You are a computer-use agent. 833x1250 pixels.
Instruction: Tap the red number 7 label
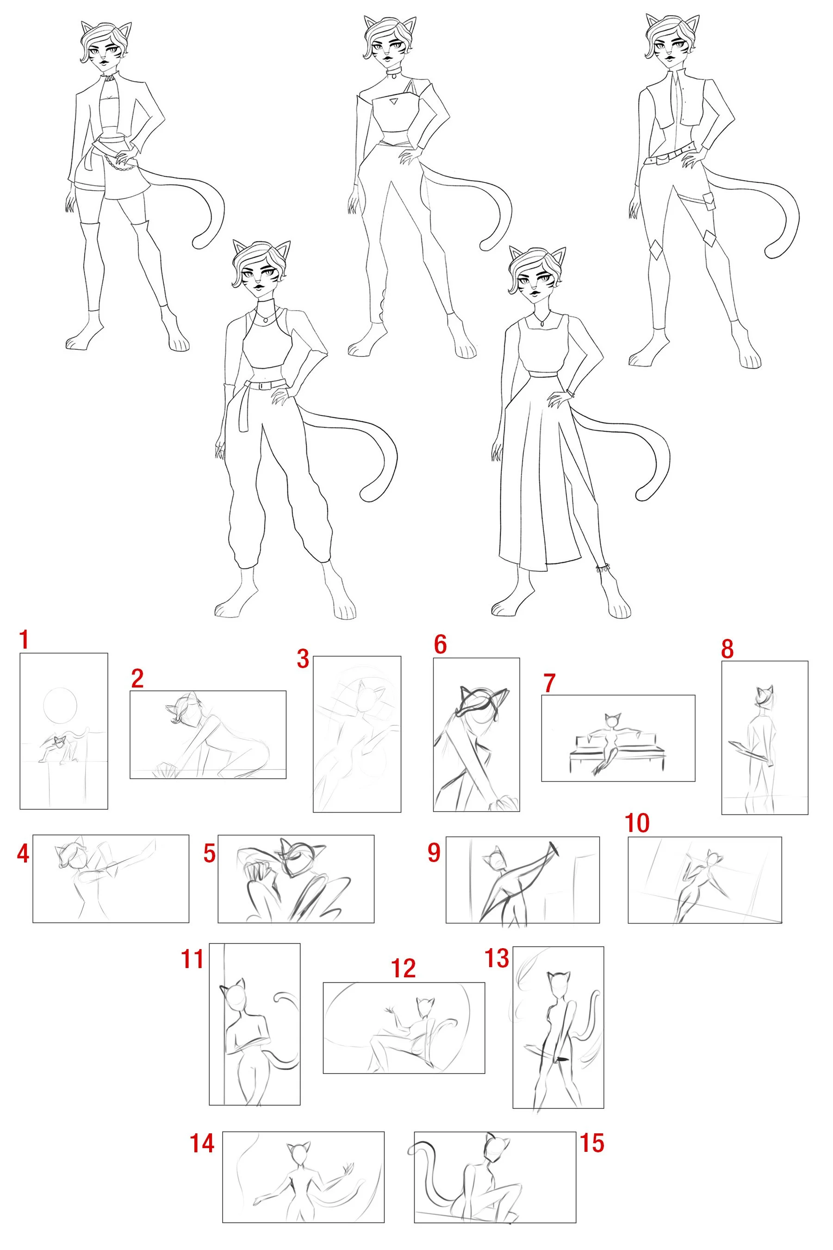pos(549,683)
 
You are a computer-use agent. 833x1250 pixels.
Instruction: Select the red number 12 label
pos(403,969)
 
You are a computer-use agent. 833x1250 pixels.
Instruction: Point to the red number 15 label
pos(592,1143)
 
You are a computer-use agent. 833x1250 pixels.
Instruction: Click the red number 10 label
pos(637,823)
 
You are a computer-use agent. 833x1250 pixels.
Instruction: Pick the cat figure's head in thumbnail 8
pos(764,697)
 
